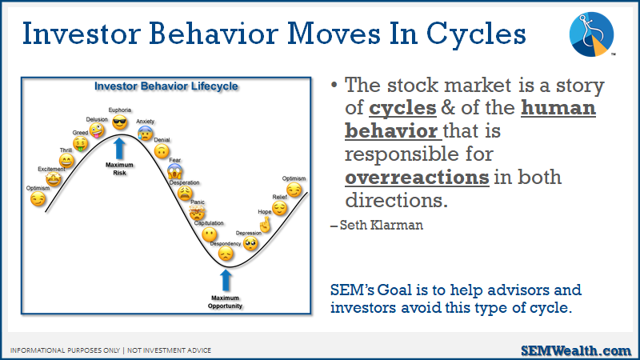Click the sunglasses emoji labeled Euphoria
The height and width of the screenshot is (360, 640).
(119, 122)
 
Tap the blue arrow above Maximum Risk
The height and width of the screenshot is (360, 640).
(119, 149)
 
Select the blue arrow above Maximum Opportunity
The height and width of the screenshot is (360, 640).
(226, 281)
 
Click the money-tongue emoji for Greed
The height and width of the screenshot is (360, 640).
(81, 144)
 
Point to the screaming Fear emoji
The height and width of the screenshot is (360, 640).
(174, 171)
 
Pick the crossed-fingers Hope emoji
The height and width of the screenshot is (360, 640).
(266, 225)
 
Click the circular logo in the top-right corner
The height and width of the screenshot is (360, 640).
(591, 34)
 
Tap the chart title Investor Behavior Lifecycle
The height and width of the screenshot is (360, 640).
(166, 86)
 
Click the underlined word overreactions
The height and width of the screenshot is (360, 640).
(417, 178)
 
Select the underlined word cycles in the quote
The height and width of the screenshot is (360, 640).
(402, 108)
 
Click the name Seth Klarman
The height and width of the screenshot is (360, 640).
(382, 225)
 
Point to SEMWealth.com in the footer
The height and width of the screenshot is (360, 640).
(576, 350)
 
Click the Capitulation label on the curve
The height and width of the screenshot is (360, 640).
(209, 223)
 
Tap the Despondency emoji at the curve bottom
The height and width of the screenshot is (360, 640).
(226, 254)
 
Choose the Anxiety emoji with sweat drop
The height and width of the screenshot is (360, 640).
(146, 133)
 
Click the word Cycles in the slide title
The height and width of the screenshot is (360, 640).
(476, 34)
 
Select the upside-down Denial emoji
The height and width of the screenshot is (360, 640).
(162, 151)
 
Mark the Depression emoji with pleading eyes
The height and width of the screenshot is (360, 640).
(250, 243)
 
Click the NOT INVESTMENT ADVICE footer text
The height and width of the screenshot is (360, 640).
(169, 350)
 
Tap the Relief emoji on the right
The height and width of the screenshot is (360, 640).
(279, 208)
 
